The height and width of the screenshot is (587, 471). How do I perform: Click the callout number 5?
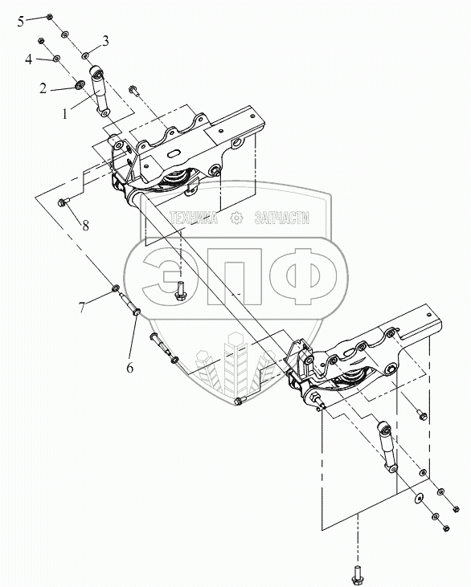point(21,22)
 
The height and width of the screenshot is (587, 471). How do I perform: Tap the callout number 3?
point(105,40)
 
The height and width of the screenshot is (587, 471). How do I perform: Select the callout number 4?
point(29,59)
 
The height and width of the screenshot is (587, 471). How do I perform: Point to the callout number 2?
point(43,88)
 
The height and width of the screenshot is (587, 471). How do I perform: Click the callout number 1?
point(65,114)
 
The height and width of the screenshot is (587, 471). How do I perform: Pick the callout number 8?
point(86,226)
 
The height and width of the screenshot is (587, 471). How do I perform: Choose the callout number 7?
point(82,308)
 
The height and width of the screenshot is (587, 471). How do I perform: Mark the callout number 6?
point(129,368)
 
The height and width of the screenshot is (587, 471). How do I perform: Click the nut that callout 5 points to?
point(49,17)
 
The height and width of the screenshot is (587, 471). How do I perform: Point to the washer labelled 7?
point(116,288)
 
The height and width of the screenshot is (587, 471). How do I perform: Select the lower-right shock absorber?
point(387,447)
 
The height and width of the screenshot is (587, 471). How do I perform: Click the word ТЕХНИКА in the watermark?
point(193,218)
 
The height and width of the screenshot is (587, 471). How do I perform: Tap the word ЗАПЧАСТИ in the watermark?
point(282,218)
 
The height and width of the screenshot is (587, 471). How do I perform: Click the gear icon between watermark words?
point(236,218)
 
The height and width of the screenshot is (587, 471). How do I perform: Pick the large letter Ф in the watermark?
point(303,276)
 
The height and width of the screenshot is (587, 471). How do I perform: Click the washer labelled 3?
point(85,55)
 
